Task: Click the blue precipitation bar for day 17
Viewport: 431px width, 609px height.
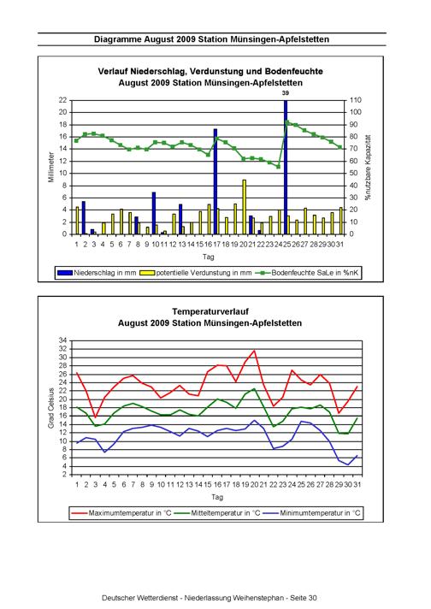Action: [215, 181]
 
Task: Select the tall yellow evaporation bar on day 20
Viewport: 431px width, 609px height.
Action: [245, 207]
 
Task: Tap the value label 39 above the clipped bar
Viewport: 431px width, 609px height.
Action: [286, 93]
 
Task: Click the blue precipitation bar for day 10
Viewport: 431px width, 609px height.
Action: [154, 213]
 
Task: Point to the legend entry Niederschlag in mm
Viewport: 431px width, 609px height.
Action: [97, 273]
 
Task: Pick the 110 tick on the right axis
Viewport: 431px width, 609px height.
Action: [356, 100]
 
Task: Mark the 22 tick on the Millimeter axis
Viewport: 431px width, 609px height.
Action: [63, 100]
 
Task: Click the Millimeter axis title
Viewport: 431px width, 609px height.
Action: [51, 168]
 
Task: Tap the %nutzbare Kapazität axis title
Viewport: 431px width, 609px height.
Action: [368, 168]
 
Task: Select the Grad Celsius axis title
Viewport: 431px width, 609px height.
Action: [50, 408]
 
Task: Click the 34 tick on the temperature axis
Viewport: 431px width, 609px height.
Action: [63, 340]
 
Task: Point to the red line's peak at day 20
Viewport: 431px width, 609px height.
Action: [254, 351]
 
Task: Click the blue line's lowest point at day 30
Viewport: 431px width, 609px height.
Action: [348, 464]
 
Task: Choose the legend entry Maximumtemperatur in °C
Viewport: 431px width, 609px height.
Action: [121, 513]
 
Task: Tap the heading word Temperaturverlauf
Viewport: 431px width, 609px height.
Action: [210, 311]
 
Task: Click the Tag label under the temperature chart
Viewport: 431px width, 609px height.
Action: [217, 497]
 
